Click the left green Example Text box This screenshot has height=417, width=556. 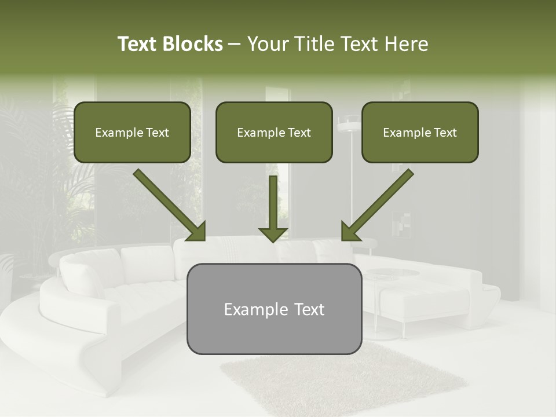click(132, 132)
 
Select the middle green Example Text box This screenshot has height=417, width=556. click(274, 132)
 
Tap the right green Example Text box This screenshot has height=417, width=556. click(420, 132)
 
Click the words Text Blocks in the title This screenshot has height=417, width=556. click(170, 44)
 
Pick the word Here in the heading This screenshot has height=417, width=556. click(406, 44)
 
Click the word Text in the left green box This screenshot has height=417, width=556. click(157, 133)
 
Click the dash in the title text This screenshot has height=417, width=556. click(235, 44)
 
